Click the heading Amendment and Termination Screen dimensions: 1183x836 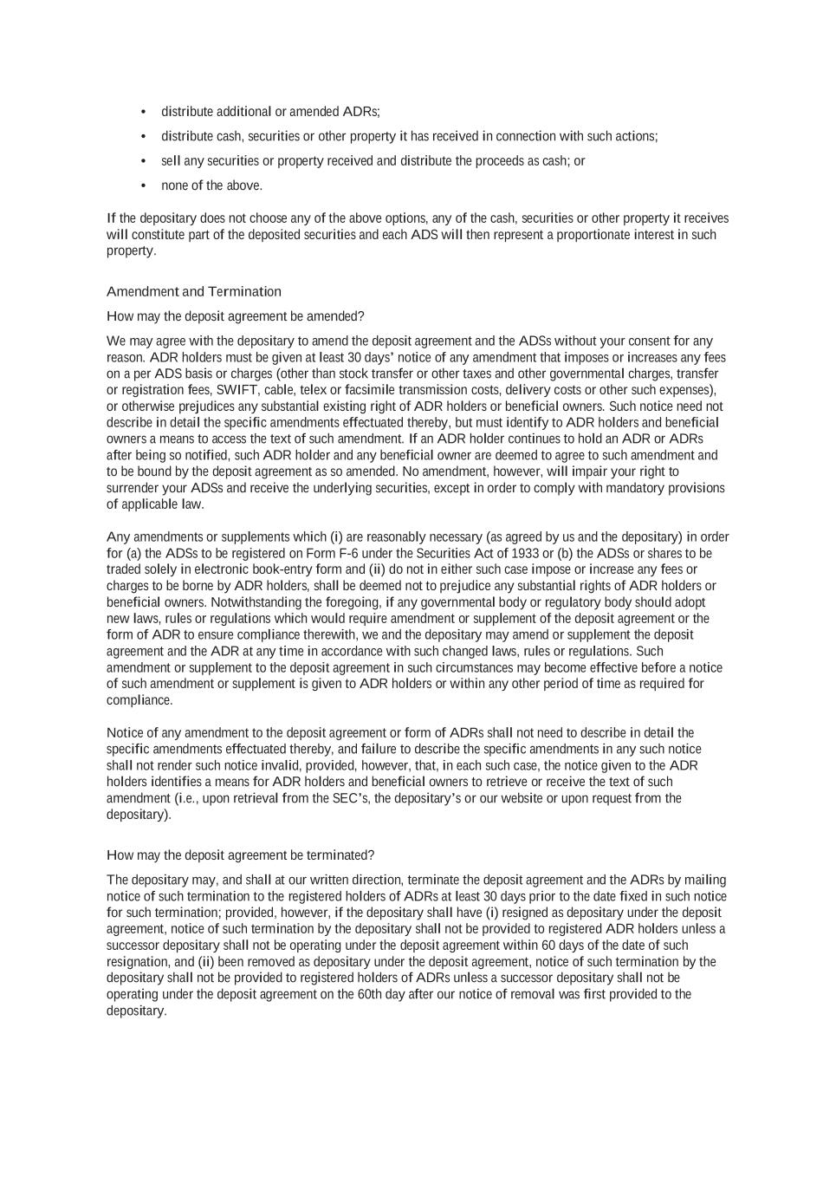(193, 291)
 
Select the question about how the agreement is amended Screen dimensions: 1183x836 (236, 316)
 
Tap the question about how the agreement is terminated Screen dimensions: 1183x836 (240, 855)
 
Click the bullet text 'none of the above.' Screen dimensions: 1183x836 (211, 185)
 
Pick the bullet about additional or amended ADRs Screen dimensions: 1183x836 (270, 112)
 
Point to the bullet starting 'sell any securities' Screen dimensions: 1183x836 (373, 161)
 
